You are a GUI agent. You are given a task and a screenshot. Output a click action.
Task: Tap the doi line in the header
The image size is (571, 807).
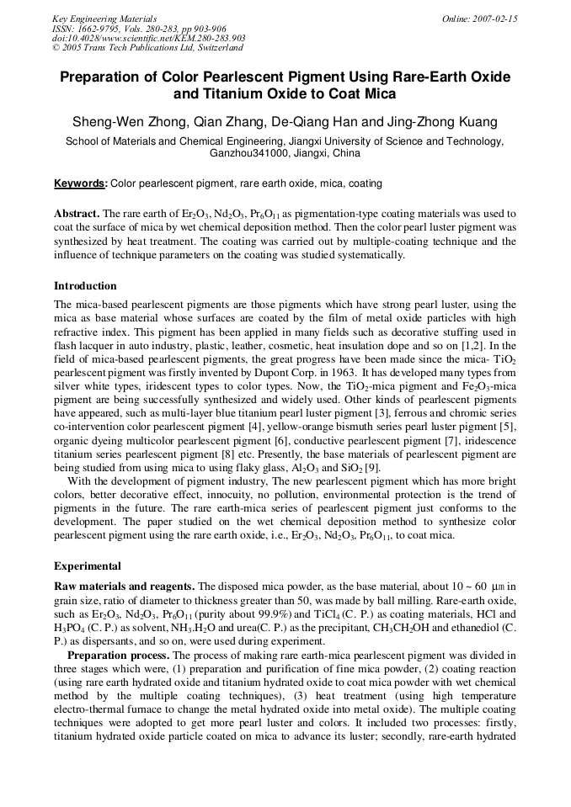(x=148, y=38)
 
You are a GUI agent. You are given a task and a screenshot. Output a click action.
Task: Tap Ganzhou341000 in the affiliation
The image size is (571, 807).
(x=248, y=154)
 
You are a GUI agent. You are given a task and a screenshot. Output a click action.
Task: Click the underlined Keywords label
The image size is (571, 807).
(x=80, y=183)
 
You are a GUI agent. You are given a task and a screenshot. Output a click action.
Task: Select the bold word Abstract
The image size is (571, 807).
(x=77, y=215)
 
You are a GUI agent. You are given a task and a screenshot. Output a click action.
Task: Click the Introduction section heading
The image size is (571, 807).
(x=85, y=286)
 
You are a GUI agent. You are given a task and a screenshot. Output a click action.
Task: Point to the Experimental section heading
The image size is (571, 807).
(x=88, y=565)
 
